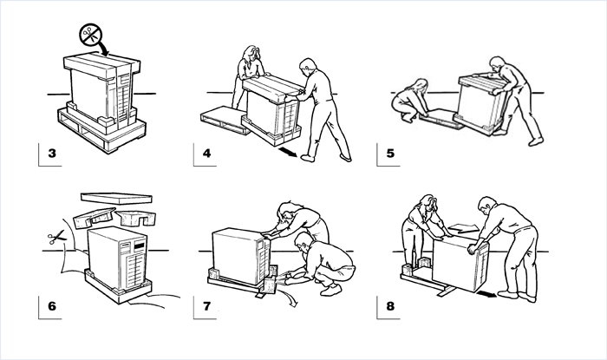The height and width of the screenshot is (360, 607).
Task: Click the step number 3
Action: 52,155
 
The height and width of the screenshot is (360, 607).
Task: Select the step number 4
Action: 206,155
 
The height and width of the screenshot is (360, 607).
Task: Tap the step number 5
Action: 390,155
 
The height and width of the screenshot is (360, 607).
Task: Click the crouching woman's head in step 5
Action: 421,86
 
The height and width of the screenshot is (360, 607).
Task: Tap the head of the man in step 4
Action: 305,66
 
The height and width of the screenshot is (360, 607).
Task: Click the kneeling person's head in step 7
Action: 304,239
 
